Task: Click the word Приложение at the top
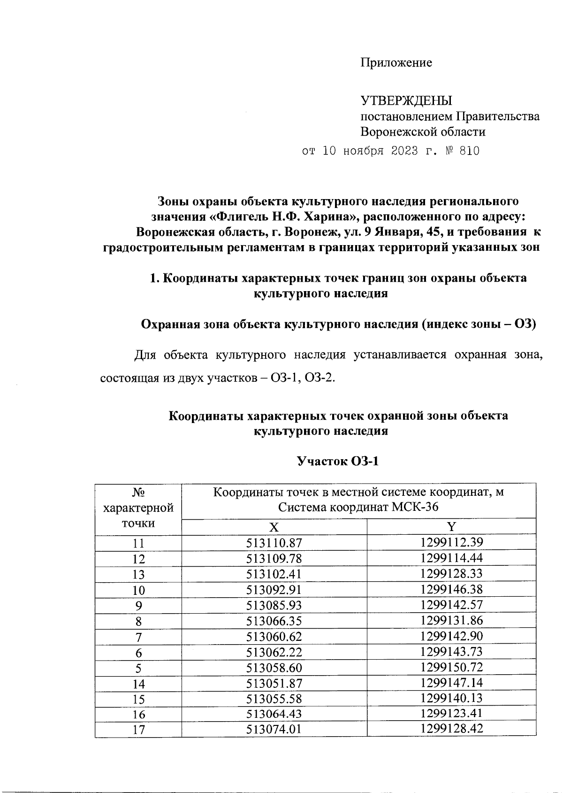click(396, 62)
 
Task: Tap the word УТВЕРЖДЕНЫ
click(406, 100)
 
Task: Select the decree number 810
click(470, 151)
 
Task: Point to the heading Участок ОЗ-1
click(338, 462)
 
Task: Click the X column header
click(274, 526)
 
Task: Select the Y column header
click(451, 526)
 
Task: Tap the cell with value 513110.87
click(274, 543)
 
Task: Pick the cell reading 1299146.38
click(451, 589)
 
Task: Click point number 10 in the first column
click(138, 590)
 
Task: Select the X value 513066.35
click(274, 621)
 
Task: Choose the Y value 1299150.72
click(451, 667)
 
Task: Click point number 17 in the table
click(138, 730)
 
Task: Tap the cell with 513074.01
click(274, 730)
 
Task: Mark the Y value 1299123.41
click(451, 714)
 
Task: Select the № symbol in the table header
click(138, 493)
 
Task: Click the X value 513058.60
click(274, 668)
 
